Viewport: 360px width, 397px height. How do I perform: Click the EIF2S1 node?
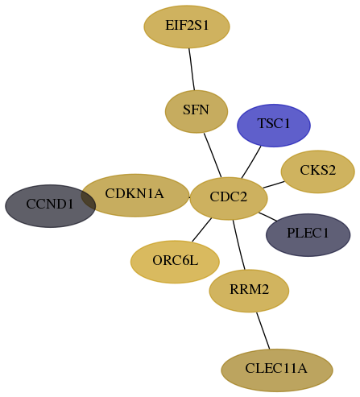point(187,27)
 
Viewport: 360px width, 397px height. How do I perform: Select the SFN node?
point(197,111)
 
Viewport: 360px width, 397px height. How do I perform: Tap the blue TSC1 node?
point(274,126)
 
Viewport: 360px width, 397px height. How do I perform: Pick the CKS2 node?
point(318,172)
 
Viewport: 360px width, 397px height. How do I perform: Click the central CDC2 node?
point(229,198)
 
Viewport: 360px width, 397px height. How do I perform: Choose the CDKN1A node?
point(135,195)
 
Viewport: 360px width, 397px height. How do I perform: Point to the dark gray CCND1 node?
point(50,206)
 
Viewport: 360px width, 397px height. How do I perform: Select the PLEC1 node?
point(308,235)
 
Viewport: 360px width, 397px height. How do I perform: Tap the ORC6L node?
point(175,262)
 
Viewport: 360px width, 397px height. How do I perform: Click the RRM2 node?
point(249,291)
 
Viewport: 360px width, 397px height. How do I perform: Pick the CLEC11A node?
point(277,370)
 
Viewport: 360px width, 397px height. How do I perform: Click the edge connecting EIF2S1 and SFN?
point(192,69)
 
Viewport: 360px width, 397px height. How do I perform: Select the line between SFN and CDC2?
point(213,155)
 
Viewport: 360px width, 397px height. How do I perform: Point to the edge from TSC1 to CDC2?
point(251,162)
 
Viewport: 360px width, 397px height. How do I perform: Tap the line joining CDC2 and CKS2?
point(274,184)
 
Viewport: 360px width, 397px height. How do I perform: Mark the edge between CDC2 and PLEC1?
point(267,217)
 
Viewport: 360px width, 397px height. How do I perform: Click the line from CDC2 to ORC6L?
point(202,230)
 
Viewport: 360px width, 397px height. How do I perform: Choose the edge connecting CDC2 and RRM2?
point(239,245)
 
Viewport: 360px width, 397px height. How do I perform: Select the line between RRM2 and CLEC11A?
point(263,331)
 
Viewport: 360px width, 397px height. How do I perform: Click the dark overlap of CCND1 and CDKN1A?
point(89,199)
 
